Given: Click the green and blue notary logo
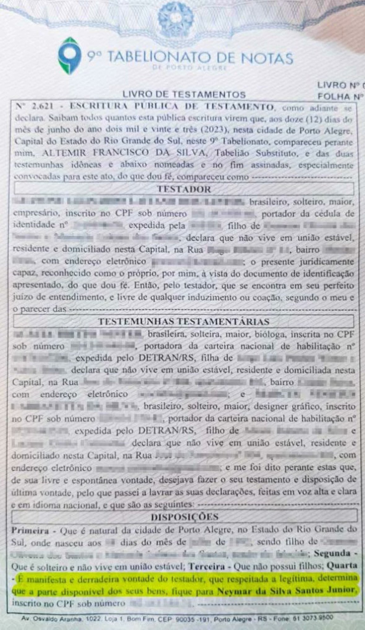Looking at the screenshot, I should [x=70, y=56].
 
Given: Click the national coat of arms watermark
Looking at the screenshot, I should [x=175, y=16].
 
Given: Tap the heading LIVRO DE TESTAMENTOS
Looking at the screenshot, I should [x=184, y=94].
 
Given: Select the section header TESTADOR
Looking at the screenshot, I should [x=184, y=189].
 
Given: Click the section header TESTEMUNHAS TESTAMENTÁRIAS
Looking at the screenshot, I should [x=184, y=321].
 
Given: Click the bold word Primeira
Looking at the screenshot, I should [x=30, y=531].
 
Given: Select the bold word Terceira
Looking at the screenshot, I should [x=207, y=567].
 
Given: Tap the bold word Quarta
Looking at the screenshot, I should [x=342, y=566].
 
